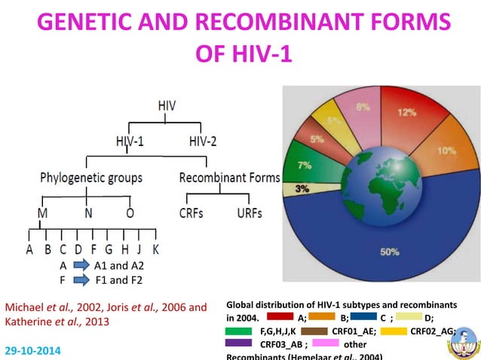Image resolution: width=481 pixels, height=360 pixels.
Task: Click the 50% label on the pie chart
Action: (389, 252)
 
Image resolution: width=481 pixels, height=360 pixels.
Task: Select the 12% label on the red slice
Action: (407, 112)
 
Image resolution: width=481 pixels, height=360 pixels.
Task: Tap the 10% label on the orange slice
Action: (446, 151)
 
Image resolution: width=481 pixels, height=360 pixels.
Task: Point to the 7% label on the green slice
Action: (305, 164)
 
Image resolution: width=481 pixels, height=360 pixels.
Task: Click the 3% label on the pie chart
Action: (301, 188)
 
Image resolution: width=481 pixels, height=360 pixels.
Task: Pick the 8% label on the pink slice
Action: (363, 107)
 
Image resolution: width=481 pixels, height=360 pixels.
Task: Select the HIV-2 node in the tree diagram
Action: (204, 141)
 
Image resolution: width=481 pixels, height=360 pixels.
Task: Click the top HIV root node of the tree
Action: (167, 105)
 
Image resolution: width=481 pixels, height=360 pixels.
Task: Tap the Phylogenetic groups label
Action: (90, 178)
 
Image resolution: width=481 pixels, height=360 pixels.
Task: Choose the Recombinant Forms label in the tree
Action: (229, 178)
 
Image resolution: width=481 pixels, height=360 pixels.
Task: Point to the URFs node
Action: (249, 213)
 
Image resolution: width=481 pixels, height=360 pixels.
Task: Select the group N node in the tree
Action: (89, 213)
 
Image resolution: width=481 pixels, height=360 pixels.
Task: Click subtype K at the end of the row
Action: (155, 249)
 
